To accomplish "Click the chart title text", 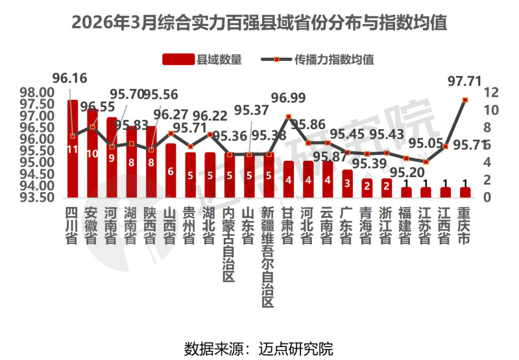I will tap(259, 24).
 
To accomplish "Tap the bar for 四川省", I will tap(73, 149).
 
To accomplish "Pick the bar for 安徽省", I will tap(92, 153).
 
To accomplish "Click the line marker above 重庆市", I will tap(465, 100).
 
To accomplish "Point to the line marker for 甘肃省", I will tap(288, 117).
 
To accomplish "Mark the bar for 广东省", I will tap(347, 184).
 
